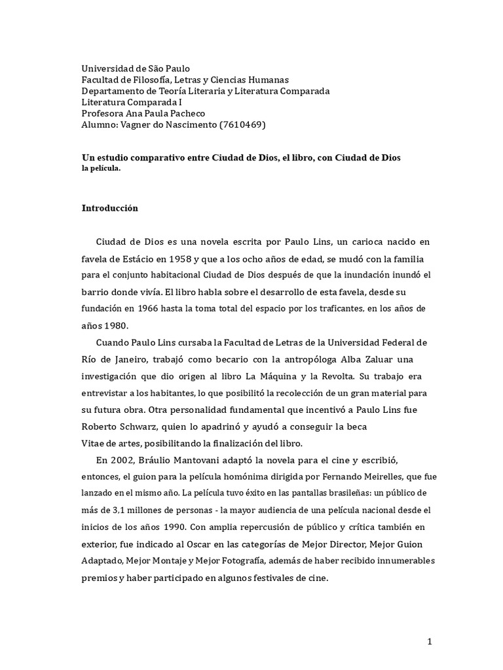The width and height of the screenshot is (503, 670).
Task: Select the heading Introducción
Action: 110,208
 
